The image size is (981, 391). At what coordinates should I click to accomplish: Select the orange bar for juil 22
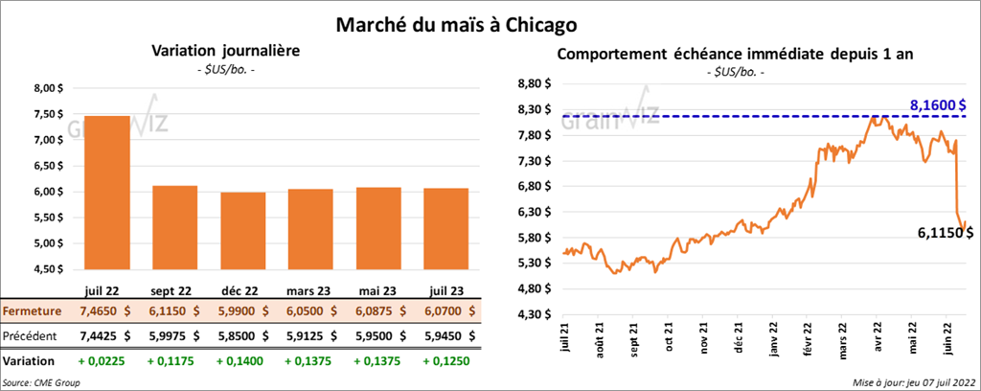point(106,192)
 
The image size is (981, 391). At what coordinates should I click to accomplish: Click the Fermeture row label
point(33,311)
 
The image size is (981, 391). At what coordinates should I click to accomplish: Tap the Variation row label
point(28,361)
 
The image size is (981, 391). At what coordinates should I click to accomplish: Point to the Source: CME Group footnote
point(41,382)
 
